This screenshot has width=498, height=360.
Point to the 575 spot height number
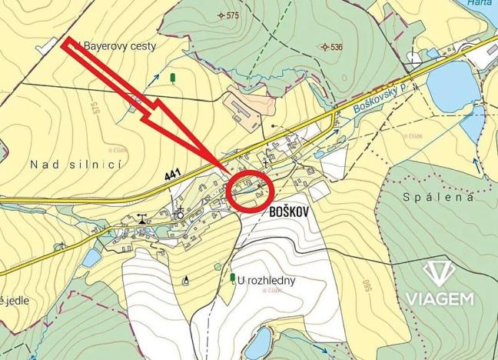pyautogui.click(x=233, y=15)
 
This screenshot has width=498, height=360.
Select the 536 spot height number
pyautogui.click(x=337, y=47)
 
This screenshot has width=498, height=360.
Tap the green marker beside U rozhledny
pyautogui.click(x=232, y=276)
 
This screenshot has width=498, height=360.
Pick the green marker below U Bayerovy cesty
pyautogui.click(x=172, y=77)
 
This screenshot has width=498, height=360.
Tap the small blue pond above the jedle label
pyautogui.click(x=90, y=259)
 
